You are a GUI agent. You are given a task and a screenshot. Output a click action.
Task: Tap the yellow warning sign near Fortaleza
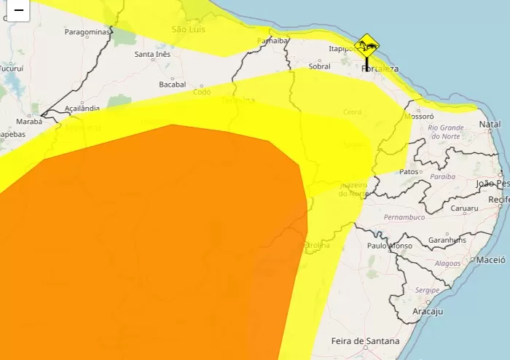[368, 46]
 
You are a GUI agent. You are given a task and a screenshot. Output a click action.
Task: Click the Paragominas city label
[87, 32]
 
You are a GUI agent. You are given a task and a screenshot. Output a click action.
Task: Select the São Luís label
[189, 29]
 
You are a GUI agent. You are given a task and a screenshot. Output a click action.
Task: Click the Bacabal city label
[173, 85]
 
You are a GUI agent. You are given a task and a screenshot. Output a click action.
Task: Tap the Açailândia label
[82, 108]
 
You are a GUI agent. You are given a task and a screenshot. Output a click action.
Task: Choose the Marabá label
[28, 122]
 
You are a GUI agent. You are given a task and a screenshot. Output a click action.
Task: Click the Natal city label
[490, 125]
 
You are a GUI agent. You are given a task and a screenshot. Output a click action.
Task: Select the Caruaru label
[443, 208]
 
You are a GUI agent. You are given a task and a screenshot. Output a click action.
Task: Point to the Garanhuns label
[447, 240]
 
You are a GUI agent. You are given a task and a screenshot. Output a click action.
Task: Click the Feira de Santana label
[365, 341]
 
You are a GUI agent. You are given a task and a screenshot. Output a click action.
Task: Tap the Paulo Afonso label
[390, 246]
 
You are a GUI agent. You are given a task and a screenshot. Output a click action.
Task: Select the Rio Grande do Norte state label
[447, 131]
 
